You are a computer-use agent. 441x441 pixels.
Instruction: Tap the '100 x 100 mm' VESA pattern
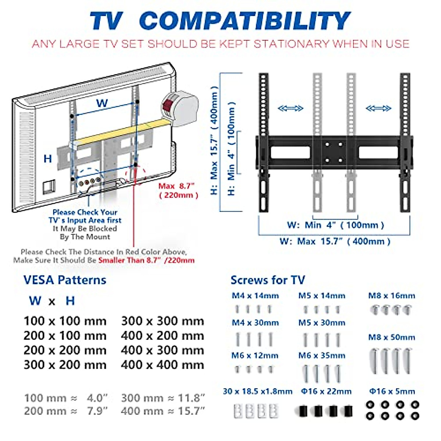(x=65, y=321)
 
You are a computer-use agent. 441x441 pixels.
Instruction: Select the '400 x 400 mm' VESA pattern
(x=162, y=365)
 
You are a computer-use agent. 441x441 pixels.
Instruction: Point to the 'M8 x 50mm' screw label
(x=392, y=337)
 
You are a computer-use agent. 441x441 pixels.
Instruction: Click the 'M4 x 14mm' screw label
(x=255, y=296)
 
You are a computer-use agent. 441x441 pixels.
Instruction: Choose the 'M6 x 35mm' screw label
(x=322, y=356)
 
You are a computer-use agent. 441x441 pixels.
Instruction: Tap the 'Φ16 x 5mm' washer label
(x=392, y=391)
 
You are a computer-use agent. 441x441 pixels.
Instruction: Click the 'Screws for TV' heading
(x=268, y=280)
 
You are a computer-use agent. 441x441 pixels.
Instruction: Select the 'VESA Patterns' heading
(x=65, y=280)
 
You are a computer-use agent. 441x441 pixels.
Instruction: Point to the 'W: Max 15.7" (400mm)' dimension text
(x=335, y=241)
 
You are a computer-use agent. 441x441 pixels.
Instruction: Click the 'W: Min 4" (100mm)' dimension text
(x=336, y=225)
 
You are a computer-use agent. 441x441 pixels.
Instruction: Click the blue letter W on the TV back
(x=102, y=103)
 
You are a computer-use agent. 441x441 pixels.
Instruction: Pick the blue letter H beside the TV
(x=48, y=159)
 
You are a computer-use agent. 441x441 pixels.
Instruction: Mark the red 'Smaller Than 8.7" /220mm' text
(x=146, y=260)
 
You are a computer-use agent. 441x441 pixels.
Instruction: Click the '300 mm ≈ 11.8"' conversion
(x=163, y=398)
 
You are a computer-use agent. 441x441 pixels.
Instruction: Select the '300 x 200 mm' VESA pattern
(x=65, y=365)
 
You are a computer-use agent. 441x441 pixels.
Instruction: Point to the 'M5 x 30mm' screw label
(x=322, y=323)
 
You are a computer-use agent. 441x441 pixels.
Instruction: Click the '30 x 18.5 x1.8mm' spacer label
(x=258, y=391)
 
